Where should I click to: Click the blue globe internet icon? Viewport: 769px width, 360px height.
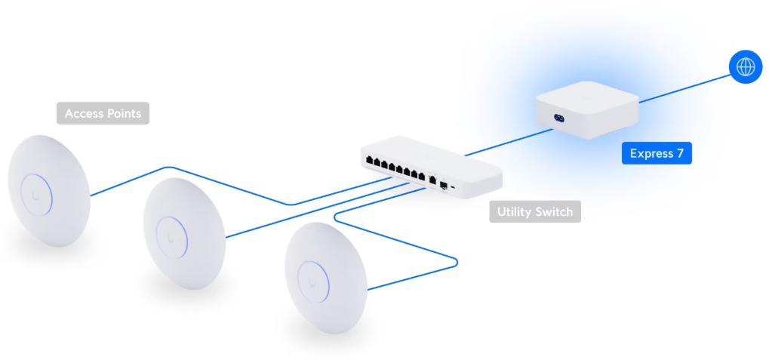pos(746,66)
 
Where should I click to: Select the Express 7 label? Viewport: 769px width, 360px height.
pos(657,153)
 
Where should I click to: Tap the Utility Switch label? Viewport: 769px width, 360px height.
pos(534,211)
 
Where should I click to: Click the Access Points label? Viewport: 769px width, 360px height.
pos(103,113)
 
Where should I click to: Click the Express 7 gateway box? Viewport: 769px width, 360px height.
pos(586,109)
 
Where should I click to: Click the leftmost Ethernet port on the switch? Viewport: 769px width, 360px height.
pos(368,161)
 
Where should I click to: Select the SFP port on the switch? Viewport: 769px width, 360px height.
pos(444,184)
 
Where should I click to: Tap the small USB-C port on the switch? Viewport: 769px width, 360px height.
pos(453,184)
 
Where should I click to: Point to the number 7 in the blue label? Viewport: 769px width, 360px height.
pos(679,153)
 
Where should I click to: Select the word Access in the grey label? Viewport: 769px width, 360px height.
pos(83,113)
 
